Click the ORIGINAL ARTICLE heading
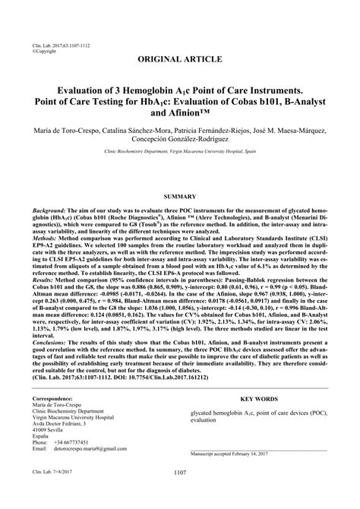click(179, 58)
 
